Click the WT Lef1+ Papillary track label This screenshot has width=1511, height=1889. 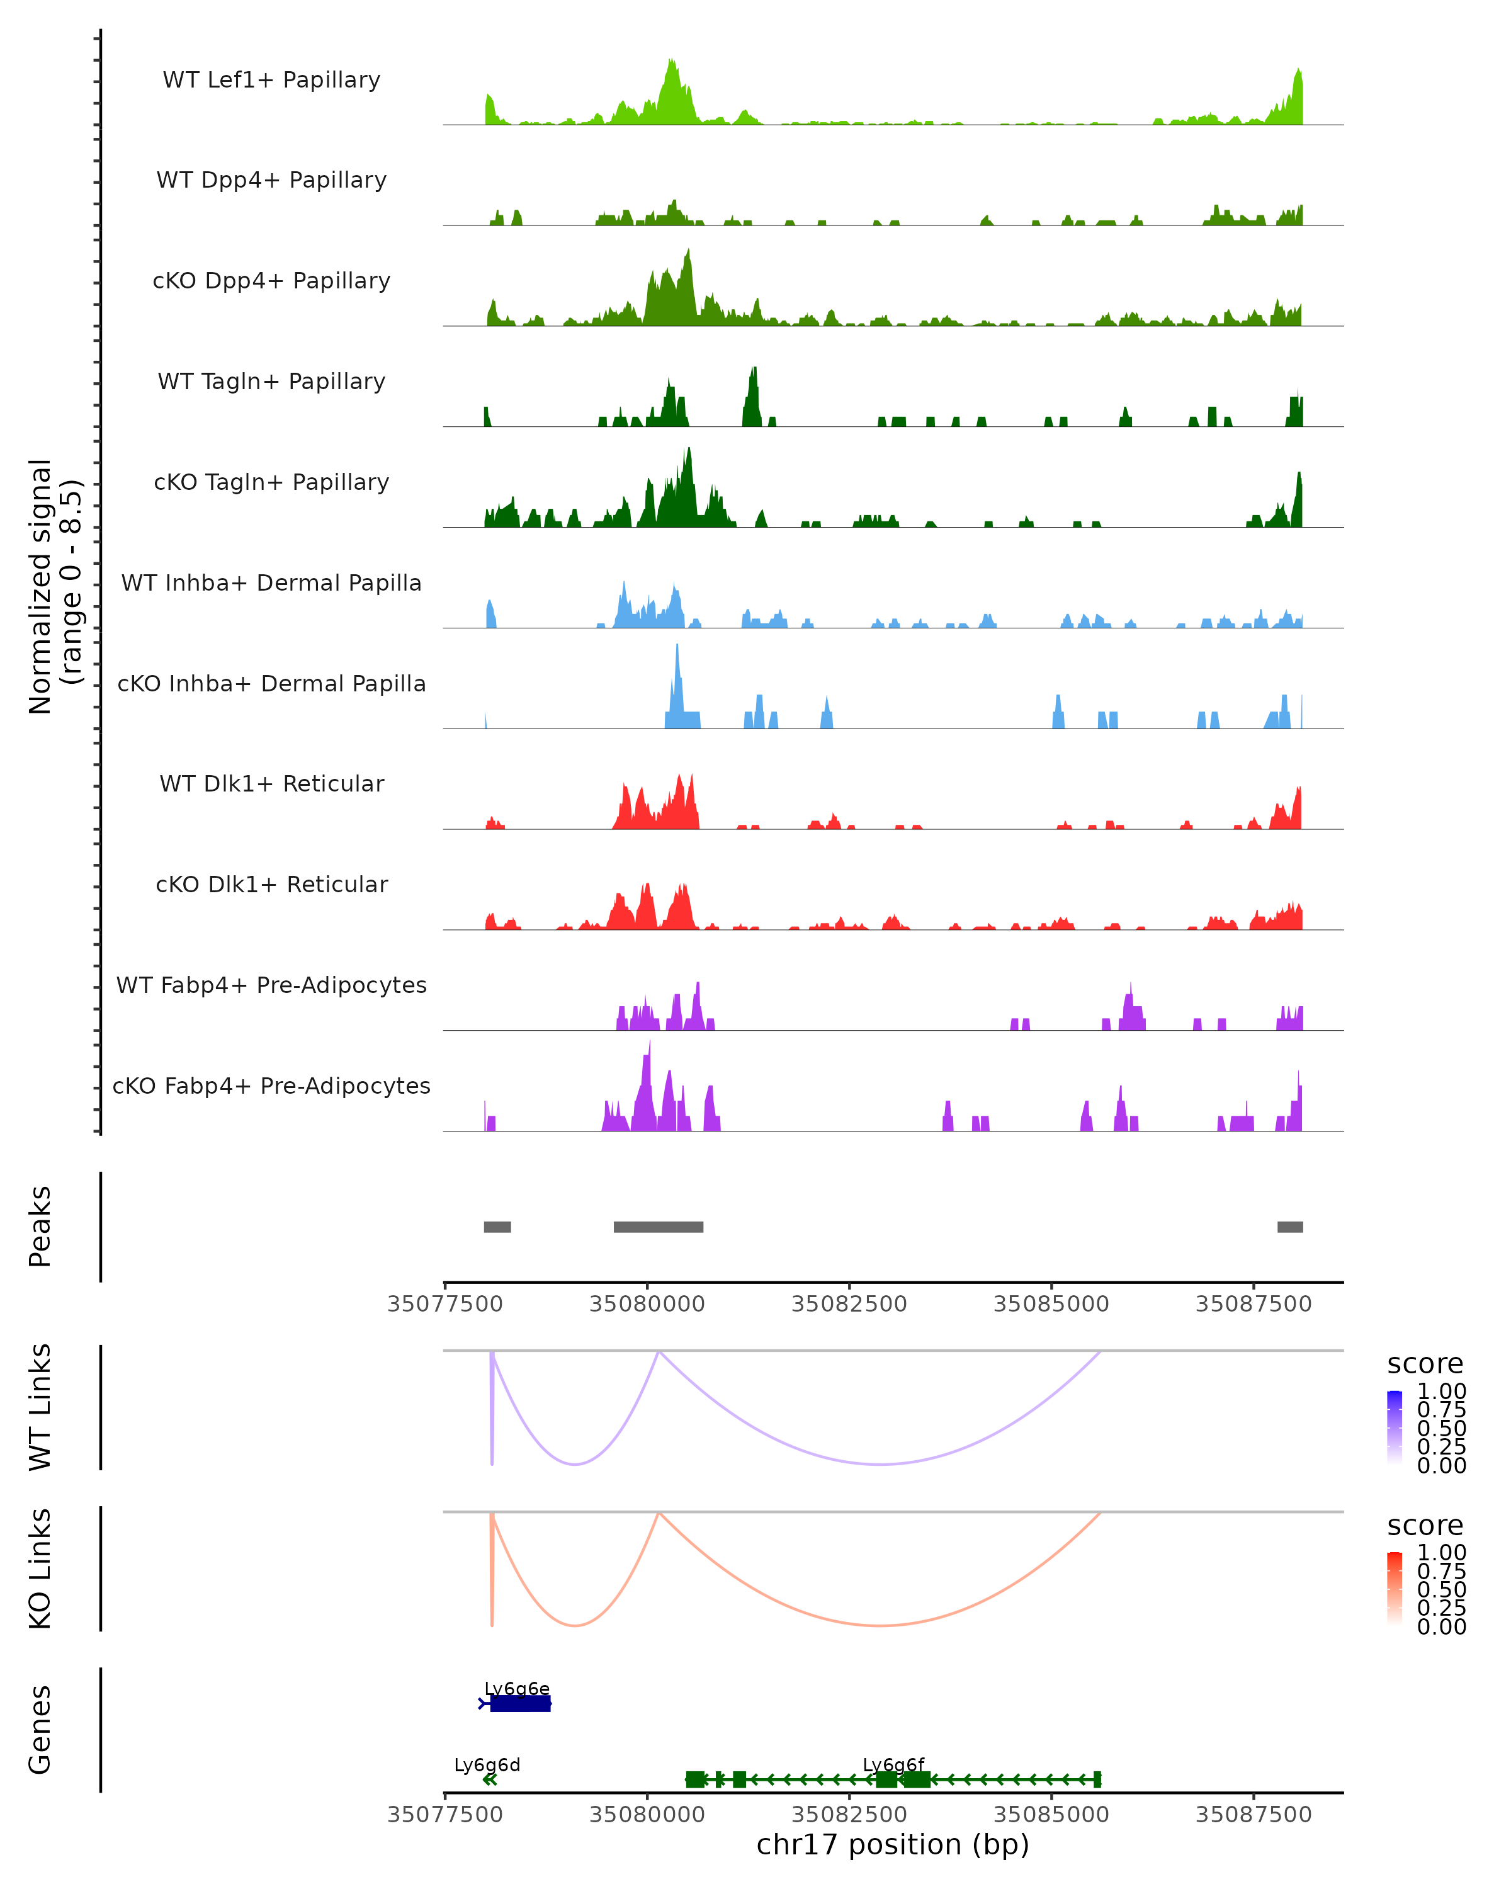(x=271, y=80)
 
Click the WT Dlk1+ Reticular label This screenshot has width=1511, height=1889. (x=271, y=783)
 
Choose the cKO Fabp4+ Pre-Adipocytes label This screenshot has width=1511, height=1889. (x=271, y=1086)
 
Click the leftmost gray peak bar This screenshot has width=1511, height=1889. (x=497, y=1227)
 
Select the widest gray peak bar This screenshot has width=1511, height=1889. (x=658, y=1227)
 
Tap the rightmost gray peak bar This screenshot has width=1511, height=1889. (x=1289, y=1227)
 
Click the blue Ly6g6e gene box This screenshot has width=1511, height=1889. (x=520, y=1703)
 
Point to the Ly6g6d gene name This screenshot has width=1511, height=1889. (x=487, y=1764)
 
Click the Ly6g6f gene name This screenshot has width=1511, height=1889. (x=893, y=1764)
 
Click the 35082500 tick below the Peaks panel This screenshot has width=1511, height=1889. (x=849, y=1304)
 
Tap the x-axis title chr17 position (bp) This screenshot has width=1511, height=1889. (x=893, y=1844)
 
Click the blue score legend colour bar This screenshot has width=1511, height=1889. (x=1395, y=1427)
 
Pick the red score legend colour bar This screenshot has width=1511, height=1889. (x=1395, y=1589)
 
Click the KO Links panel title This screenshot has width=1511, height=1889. (x=40, y=1568)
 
